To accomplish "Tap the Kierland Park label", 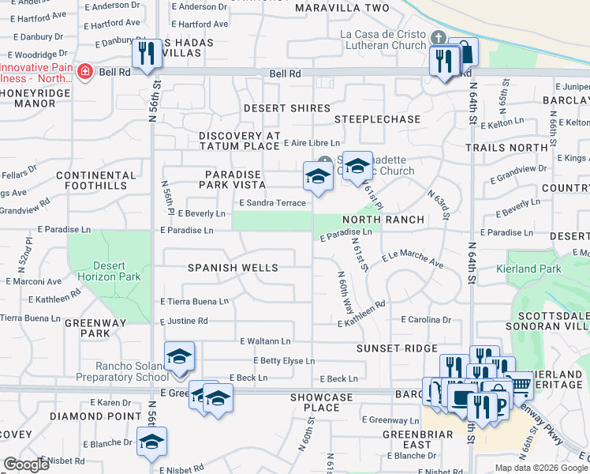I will click(528, 269).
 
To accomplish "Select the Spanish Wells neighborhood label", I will click(233, 268).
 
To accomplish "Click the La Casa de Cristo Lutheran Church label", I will click(383, 39).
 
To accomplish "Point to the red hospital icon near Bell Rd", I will click(84, 72).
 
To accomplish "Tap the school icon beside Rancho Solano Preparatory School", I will click(179, 356).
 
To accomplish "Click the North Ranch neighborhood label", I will click(383, 219).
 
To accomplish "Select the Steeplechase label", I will click(377, 119).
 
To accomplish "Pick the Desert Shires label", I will click(286, 108).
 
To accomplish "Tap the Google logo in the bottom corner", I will click(26, 465).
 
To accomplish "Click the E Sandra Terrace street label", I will click(272, 203).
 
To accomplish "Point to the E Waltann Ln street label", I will click(265, 341).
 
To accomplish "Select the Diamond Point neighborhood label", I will click(84, 416).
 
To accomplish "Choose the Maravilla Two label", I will click(342, 8).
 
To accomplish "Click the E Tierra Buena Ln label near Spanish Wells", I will click(194, 301).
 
